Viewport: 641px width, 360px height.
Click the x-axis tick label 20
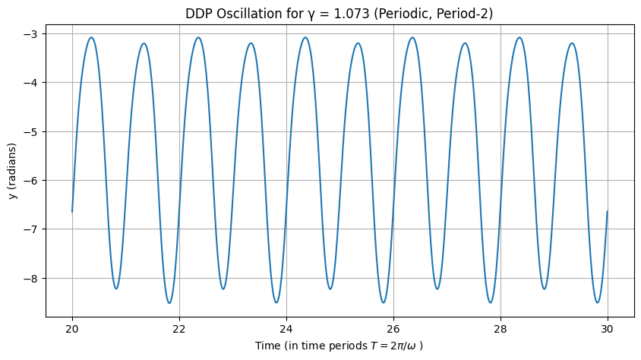(72, 328)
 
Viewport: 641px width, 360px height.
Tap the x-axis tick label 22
(179, 328)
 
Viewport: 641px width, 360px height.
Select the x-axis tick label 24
(286, 328)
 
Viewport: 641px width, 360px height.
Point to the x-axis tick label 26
(393, 328)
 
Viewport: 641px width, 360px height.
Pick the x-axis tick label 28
(500, 328)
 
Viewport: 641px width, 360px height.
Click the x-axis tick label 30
(608, 328)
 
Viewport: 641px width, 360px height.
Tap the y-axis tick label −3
(33, 34)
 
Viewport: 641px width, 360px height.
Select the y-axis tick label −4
(33, 83)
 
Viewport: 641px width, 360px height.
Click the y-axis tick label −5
(33, 131)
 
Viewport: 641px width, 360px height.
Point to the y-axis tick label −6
(33, 181)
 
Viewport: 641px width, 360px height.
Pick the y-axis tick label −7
(33, 229)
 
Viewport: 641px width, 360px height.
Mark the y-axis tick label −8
(33, 278)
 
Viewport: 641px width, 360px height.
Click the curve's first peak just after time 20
(91, 37)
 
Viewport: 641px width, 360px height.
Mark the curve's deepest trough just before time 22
(169, 303)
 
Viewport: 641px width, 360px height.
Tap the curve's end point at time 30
(608, 211)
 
